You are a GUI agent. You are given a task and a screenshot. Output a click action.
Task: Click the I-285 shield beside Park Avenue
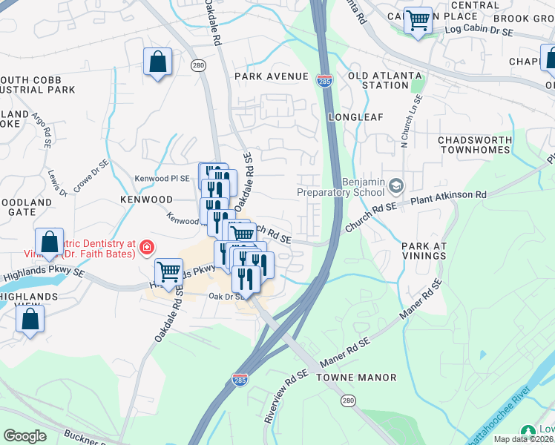(324, 80)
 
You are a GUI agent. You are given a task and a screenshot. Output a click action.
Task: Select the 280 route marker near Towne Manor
(348, 400)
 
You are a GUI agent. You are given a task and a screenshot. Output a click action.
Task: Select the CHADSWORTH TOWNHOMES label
(475, 145)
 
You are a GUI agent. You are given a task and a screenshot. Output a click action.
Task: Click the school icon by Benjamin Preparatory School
(397, 185)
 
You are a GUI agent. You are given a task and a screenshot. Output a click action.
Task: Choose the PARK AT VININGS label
(424, 251)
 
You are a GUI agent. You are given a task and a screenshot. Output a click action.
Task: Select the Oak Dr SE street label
(227, 296)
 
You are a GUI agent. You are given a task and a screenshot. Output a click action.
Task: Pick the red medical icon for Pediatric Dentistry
(147, 246)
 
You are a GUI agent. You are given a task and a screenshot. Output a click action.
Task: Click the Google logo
(24, 436)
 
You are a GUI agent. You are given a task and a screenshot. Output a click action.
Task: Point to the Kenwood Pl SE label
(162, 179)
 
